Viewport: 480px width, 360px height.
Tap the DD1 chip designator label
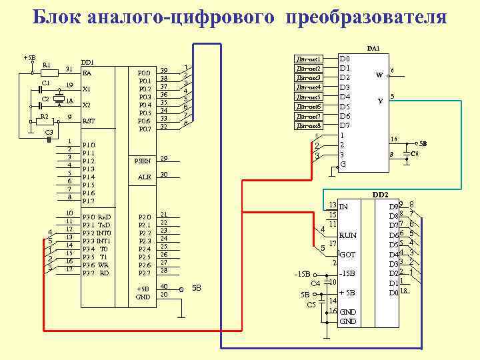point(87,62)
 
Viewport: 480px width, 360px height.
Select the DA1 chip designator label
point(373,49)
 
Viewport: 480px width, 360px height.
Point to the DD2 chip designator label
point(380,195)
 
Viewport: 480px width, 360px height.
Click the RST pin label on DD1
point(89,121)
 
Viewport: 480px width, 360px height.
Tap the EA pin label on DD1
point(87,72)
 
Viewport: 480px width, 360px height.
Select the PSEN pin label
point(143,161)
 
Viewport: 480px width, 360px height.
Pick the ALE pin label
point(144,177)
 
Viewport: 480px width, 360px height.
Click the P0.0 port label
point(144,73)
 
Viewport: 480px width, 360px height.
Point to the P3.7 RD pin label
point(95,273)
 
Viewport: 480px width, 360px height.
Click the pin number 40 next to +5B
point(164,287)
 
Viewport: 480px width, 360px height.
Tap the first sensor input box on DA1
point(309,59)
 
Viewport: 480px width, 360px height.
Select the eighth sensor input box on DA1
point(309,125)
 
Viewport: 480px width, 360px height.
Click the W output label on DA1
point(379,75)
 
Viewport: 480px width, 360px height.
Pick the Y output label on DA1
point(380,101)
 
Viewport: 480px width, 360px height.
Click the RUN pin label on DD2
point(348,235)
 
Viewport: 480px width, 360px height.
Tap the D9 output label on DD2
point(393,207)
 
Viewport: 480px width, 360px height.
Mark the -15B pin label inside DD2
point(348,273)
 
